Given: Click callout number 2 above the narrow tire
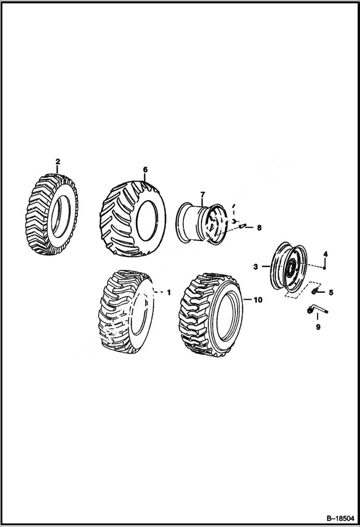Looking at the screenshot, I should [58, 161].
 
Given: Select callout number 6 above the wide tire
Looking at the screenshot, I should [145, 170].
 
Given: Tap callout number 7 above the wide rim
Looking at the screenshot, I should [202, 194].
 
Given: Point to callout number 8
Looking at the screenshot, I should [259, 228].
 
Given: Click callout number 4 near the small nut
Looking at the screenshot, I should [325, 254].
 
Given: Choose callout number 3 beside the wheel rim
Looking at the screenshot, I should [256, 266].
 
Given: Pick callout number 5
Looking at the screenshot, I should [331, 292].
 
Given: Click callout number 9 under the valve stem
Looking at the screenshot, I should [318, 327].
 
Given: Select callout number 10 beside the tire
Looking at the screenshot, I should [258, 300].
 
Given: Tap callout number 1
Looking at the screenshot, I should [168, 292].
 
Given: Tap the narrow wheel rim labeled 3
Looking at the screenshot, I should [287, 267].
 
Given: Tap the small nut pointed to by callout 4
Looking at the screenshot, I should [325, 268].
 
